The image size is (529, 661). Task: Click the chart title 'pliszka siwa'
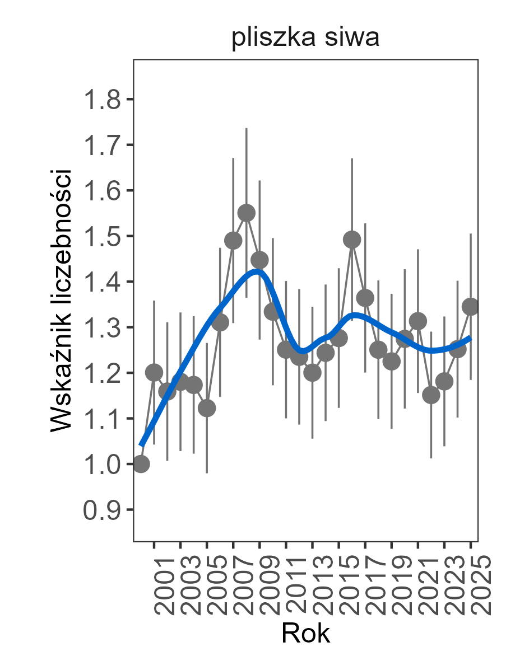[305, 39]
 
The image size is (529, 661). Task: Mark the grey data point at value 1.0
[141, 464]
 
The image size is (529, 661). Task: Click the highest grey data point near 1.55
[247, 213]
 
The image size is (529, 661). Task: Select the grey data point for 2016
[352, 240]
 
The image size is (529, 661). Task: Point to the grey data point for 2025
[471, 306]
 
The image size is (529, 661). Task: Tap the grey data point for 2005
[207, 408]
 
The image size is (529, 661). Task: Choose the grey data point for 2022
[431, 395]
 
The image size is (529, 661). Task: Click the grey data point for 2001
[154, 372]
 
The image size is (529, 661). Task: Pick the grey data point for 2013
[312, 373]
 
